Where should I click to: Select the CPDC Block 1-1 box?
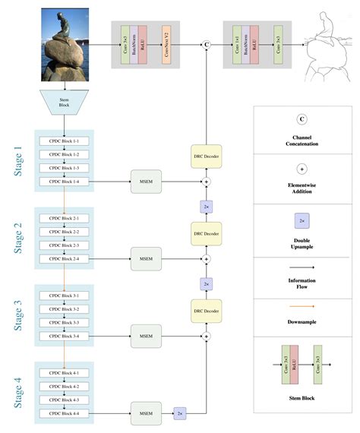(x=65, y=141)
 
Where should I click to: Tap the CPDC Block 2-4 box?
(x=65, y=259)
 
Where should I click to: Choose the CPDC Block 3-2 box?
(x=65, y=309)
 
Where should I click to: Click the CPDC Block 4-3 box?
(x=65, y=399)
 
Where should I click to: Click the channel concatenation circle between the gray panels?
(x=205, y=45)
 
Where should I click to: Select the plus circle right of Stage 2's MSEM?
(x=205, y=259)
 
